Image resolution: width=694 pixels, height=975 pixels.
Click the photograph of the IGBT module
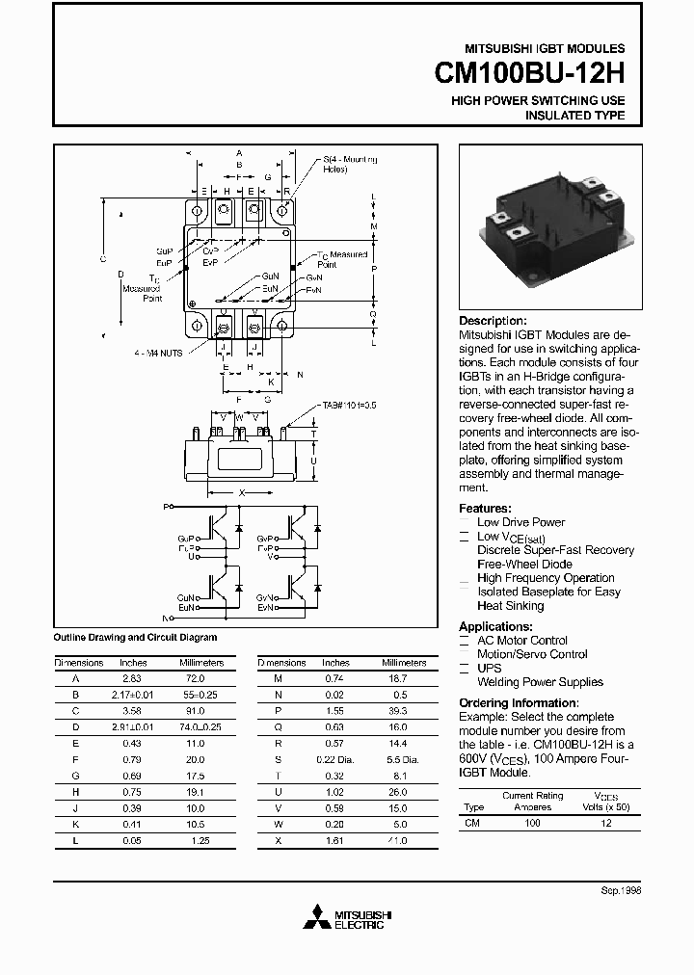coord(550,228)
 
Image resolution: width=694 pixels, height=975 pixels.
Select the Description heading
coord(493,321)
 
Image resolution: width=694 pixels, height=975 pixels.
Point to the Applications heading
coord(495,626)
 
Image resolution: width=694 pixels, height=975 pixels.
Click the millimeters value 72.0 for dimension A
coord(194,678)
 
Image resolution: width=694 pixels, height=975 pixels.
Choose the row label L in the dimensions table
coord(75,841)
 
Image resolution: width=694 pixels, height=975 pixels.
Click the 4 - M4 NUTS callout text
coord(159,353)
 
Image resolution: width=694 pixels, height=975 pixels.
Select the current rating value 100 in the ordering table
coord(532,824)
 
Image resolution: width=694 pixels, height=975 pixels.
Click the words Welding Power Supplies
coord(540,682)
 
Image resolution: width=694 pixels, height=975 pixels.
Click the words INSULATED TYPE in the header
coord(574,116)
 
